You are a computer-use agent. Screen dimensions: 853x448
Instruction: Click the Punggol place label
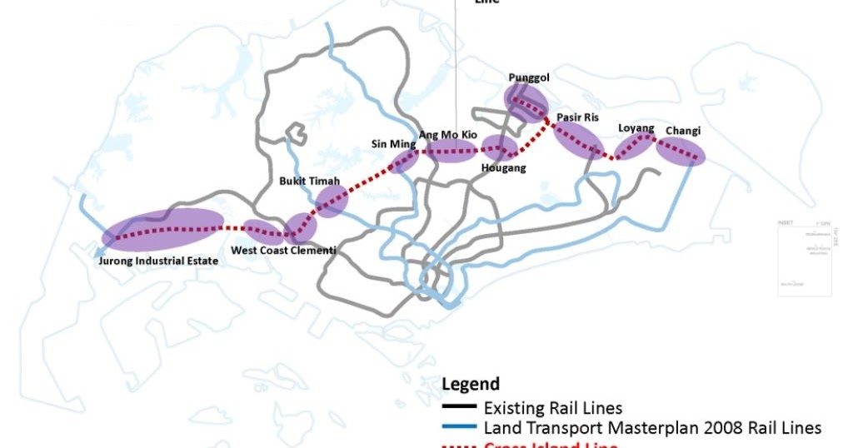pos(529,78)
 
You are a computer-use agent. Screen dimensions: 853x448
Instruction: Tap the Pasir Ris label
pos(577,117)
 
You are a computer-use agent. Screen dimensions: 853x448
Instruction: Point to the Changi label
pos(683,131)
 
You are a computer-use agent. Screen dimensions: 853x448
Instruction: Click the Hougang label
pos(504,168)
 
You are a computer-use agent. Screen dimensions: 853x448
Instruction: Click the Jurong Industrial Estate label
pos(158,261)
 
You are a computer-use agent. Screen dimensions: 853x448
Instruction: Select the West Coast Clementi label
pos(283,250)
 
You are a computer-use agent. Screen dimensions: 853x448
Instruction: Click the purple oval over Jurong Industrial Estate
pos(162,230)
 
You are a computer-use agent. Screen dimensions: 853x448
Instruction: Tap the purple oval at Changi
pos(680,151)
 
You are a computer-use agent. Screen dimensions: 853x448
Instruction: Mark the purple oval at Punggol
pos(526,103)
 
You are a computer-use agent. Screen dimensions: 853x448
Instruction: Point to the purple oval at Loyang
pos(636,146)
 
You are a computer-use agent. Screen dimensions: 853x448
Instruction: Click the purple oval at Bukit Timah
pos(331,201)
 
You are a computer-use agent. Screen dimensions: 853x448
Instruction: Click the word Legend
pos(471,384)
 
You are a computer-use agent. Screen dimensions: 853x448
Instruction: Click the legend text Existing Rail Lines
pos(553,408)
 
